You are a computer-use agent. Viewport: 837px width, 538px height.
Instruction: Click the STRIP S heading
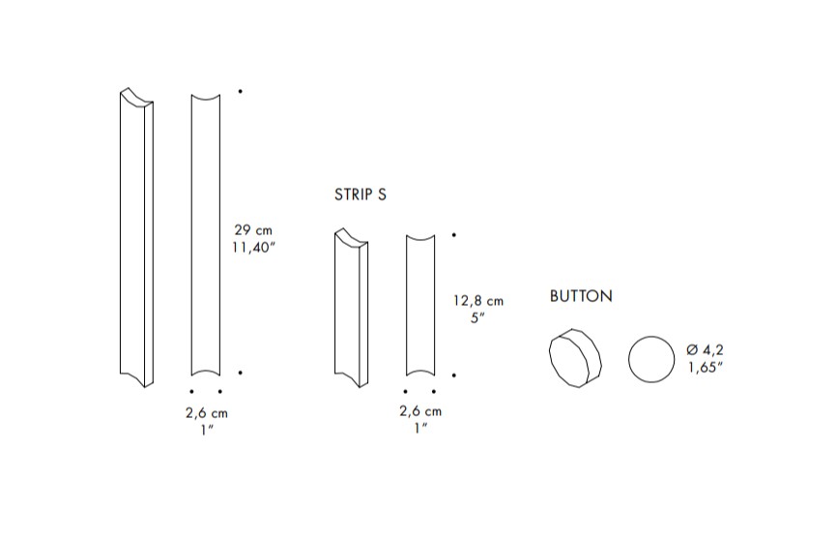[x=361, y=194]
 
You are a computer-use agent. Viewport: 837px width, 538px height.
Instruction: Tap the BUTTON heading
[x=581, y=296]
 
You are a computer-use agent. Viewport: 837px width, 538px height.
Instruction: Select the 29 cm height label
[x=253, y=230]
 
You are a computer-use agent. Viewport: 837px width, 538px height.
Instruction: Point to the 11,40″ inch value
[x=253, y=248]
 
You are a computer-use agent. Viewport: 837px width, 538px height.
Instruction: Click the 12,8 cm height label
[x=478, y=301]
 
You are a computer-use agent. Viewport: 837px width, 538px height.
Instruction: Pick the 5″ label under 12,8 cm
[x=477, y=318]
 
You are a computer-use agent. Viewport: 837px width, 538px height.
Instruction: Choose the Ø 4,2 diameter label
[x=705, y=350]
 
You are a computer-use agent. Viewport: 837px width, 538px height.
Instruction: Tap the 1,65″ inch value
[x=706, y=368]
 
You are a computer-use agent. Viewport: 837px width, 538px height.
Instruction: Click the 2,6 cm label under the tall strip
[x=207, y=413]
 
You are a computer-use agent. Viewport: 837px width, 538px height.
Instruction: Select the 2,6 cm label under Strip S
[x=420, y=411]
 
